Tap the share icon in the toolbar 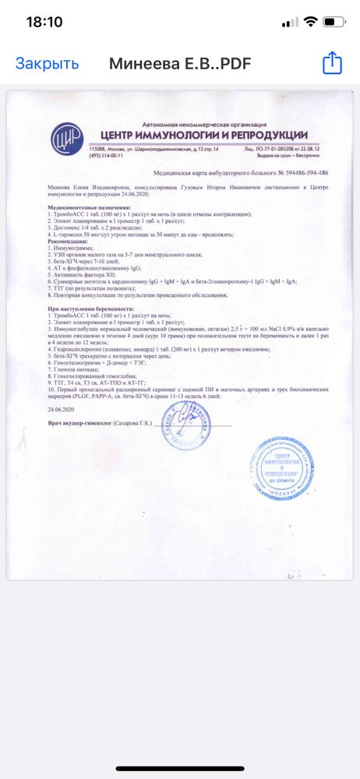click(x=332, y=63)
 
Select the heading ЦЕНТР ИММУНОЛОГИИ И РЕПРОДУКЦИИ click(x=199, y=136)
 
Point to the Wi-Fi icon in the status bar click(x=310, y=22)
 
